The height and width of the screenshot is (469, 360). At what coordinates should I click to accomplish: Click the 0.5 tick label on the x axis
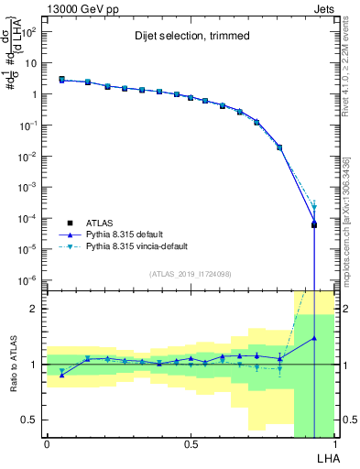(x=191, y=443)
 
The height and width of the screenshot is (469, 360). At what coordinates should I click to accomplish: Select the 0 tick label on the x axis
(x=47, y=443)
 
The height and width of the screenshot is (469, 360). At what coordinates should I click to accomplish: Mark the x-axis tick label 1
(x=334, y=443)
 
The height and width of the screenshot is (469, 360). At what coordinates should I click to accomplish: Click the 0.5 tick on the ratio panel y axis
(x=32, y=420)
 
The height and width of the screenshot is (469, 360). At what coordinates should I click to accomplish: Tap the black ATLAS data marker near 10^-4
(x=314, y=224)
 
